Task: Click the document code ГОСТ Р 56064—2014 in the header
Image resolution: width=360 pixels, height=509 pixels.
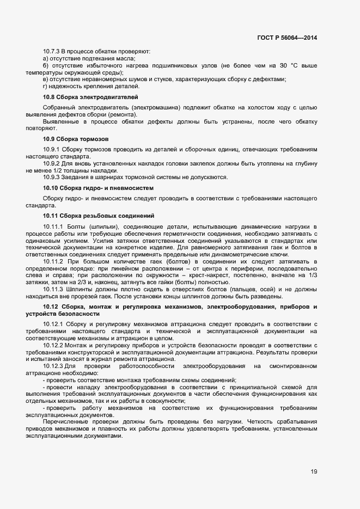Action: [x=286, y=38]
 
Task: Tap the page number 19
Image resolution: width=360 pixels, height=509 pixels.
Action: [x=314, y=471]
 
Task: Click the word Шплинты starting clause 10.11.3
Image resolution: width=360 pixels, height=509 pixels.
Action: [x=80, y=290]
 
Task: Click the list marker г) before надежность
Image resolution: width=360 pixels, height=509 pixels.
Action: [x=45, y=86]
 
